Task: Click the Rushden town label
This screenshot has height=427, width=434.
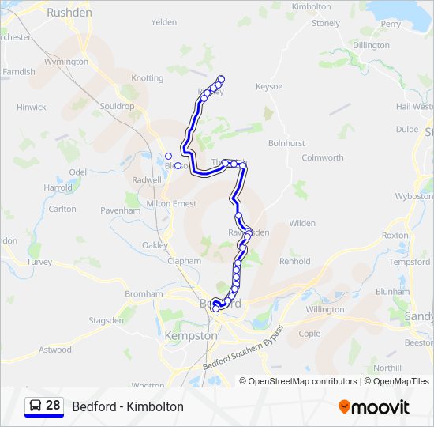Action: (x=69, y=13)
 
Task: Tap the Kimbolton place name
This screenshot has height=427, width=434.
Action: (x=311, y=6)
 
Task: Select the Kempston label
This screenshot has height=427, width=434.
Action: (x=190, y=335)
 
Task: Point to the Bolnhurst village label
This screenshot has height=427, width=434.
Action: (x=286, y=143)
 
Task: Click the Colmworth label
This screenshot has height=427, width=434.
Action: (x=323, y=157)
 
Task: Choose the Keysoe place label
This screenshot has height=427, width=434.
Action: (x=269, y=86)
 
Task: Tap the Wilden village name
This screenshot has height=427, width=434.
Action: (x=302, y=224)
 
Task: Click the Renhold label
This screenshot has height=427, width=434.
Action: (x=295, y=261)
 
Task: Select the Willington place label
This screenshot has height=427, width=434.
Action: (x=324, y=309)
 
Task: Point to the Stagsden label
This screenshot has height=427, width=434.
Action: (x=106, y=320)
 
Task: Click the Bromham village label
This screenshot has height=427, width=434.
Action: (x=144, y=294)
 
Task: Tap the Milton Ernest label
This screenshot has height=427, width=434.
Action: (x=171, y=203)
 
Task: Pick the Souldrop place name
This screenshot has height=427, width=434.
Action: (x=117, y=106)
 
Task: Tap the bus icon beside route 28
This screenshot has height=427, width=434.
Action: (x=36, y=406)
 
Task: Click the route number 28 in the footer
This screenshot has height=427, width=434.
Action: (x=53, y=406)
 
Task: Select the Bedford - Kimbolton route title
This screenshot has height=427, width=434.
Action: (x=128, y=406)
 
